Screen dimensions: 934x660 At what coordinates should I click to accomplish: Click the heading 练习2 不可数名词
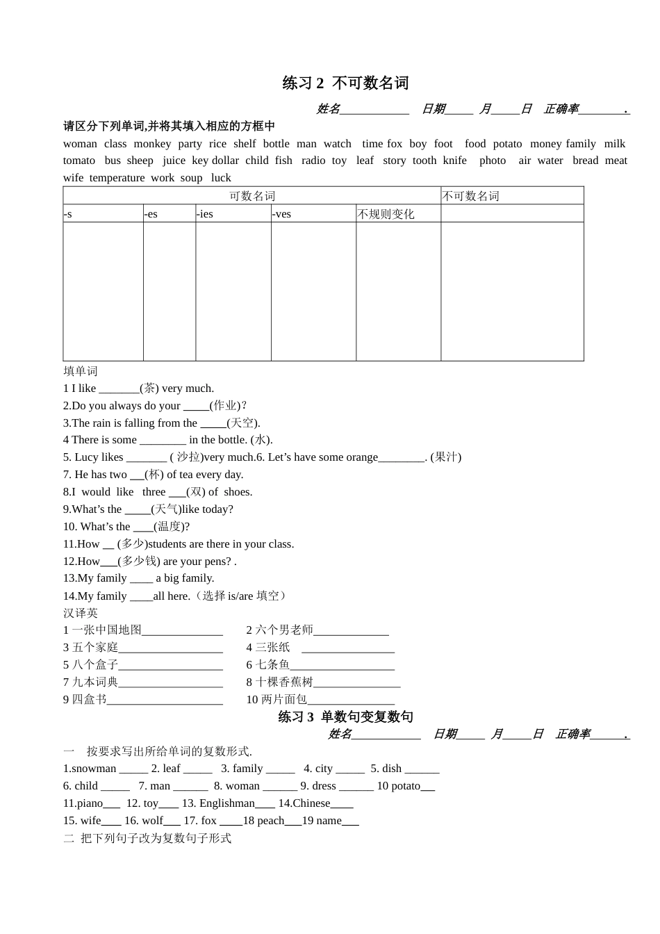tap(345, 83)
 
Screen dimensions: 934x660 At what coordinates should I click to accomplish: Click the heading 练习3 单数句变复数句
tap(345, 716)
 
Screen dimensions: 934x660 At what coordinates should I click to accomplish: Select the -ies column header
tap(205, 214)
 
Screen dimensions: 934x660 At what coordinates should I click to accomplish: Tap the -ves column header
tap(281, 214)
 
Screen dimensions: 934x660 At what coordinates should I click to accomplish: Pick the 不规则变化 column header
tap(386, 214)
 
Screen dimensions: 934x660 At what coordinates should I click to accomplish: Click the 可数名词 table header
tap(252, 196)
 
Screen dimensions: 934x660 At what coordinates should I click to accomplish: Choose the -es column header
tap(151, 214)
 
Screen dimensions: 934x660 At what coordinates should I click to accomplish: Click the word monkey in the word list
tap(152, 144)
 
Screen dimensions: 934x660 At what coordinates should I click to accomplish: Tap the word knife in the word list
tap(455, 161)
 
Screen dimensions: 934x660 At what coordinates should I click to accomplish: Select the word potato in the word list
tap(507, 144)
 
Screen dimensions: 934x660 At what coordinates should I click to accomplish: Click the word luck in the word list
tap(221, 178)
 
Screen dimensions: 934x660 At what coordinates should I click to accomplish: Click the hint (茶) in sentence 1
tap(149, 388)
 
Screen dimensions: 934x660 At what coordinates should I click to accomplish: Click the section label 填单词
tap(81, 371)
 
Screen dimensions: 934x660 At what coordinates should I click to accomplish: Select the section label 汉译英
tap(81, 613)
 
